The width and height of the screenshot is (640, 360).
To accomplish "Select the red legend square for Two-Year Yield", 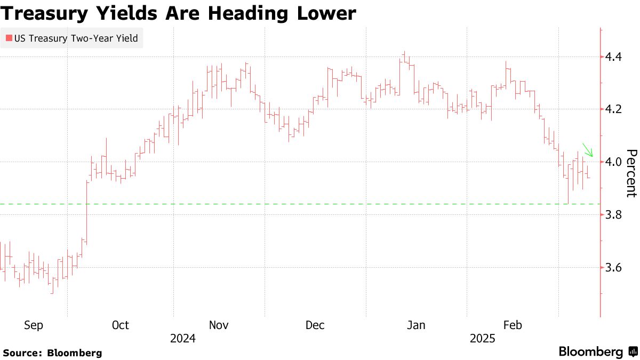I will click(9, 38).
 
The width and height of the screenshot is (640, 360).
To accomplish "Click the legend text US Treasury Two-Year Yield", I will click(76, 38).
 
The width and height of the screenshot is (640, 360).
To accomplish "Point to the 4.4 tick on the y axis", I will click(616, 57).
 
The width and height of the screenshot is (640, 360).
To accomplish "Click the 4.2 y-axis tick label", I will click(616, 109).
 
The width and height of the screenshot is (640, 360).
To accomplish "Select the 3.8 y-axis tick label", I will click(616, 215).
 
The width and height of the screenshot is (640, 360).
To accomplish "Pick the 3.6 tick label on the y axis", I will click(616, 268).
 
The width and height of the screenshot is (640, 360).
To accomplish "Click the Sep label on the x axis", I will click(34, 325).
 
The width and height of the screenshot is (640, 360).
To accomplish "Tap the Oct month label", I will click(121, 325).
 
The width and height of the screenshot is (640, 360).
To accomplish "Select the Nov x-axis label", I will click(219, 325).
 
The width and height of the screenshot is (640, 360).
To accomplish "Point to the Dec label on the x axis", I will click(315, 325).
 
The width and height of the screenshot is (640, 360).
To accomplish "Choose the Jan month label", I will click(416, 325).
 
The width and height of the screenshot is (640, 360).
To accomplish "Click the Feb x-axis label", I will click(513, 325).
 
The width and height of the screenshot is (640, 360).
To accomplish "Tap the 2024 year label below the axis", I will click(182, 339).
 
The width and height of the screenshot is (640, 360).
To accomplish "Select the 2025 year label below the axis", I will click(483, 339).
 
